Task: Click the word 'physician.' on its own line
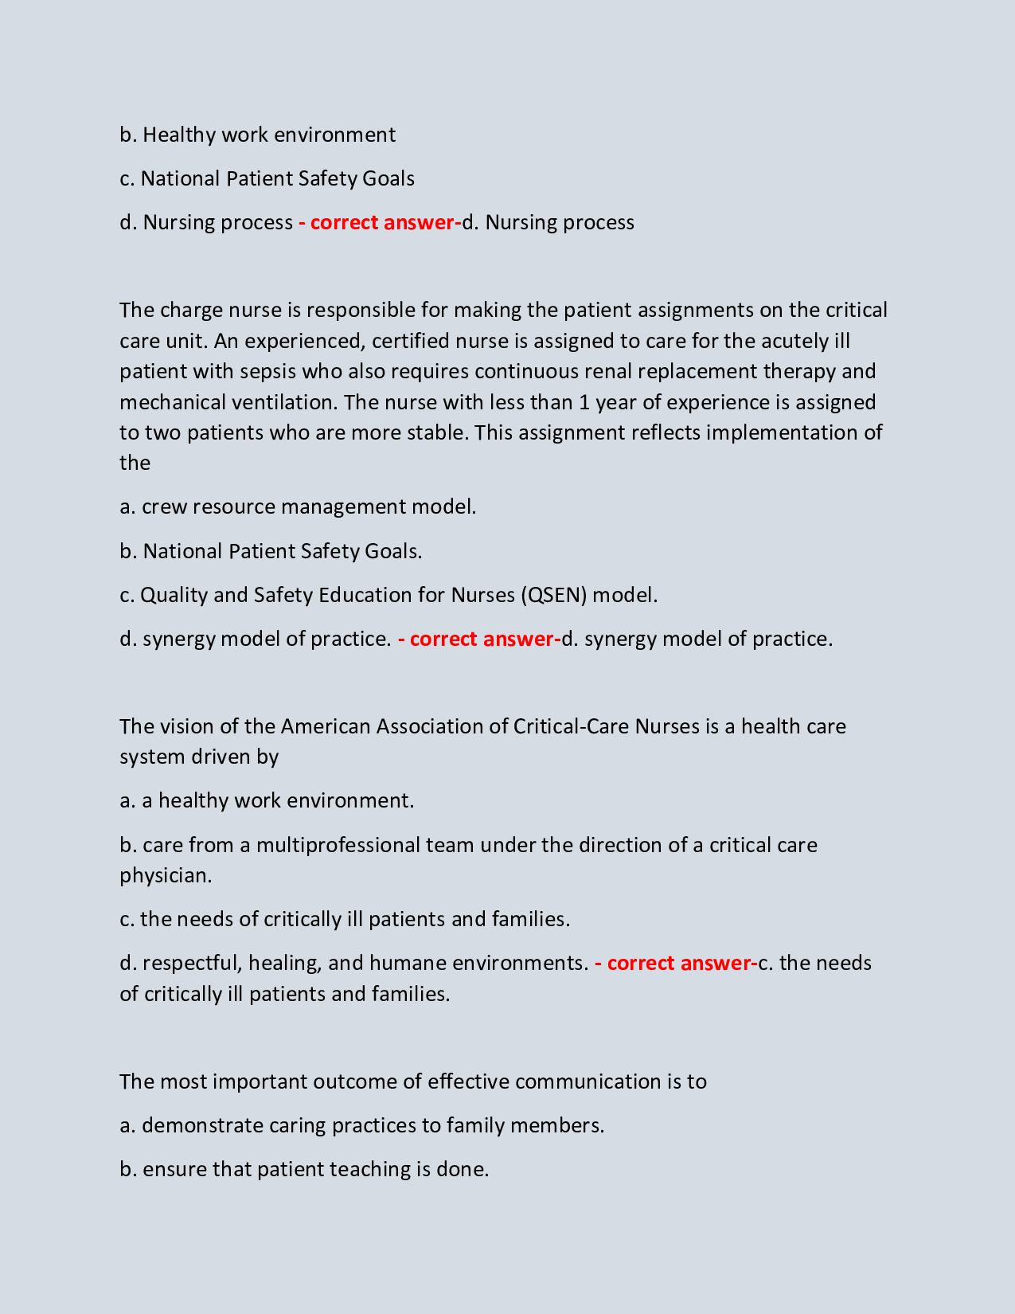166,875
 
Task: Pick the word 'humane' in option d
408,963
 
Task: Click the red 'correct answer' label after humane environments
677,963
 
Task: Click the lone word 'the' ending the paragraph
135,463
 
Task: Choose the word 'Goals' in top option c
388,178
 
